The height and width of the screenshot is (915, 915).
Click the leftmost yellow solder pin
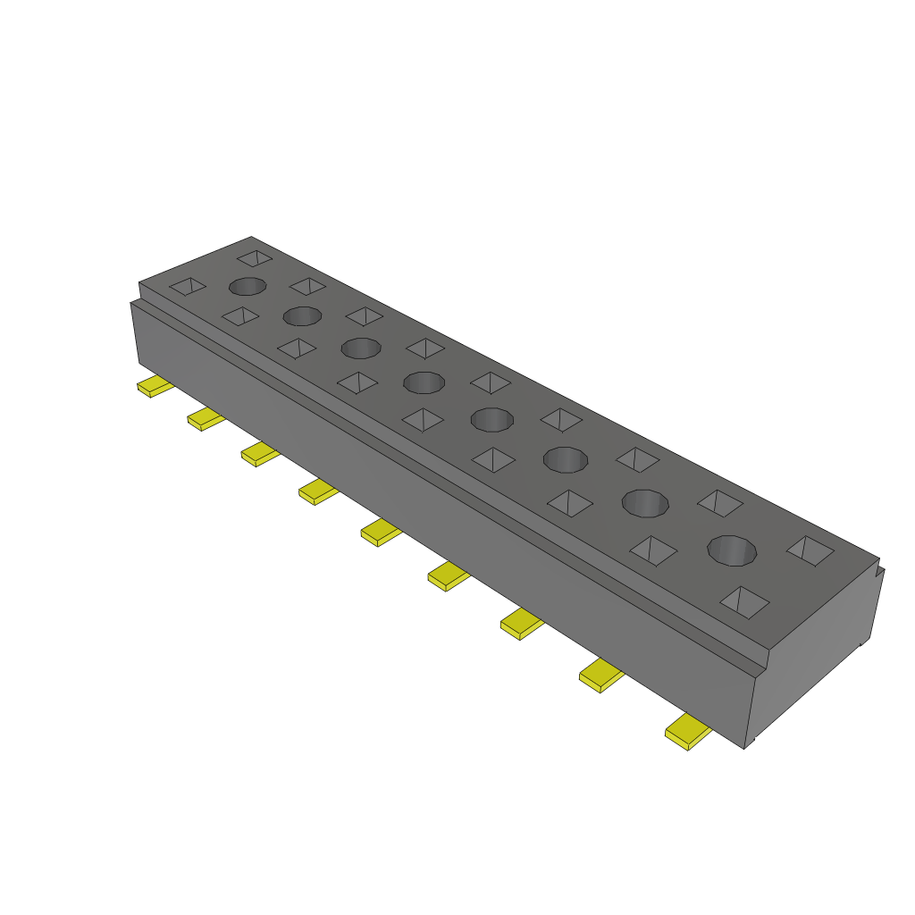[154, 387]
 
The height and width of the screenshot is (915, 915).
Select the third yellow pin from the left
[259, 454]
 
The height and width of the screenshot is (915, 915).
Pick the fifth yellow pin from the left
[381, 533]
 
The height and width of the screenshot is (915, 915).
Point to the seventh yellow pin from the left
[522, 624]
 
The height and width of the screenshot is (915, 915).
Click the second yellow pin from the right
[601, 676]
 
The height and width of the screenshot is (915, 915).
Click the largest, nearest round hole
[732, 550]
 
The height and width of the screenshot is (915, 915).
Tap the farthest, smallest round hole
[248, 286]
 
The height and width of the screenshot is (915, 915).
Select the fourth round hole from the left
[424, 383]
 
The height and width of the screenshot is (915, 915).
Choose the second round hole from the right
[645, 503]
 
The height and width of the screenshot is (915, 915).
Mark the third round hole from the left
[360, 347]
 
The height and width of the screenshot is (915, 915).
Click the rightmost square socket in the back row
[810, 550]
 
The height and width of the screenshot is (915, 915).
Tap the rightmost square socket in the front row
[744, 601]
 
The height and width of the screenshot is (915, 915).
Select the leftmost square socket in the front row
[188, 287]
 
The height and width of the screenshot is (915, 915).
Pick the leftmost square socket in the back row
[255, 257]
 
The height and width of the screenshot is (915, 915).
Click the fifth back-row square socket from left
[491, 382]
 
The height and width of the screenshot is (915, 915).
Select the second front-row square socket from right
[653, 550]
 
